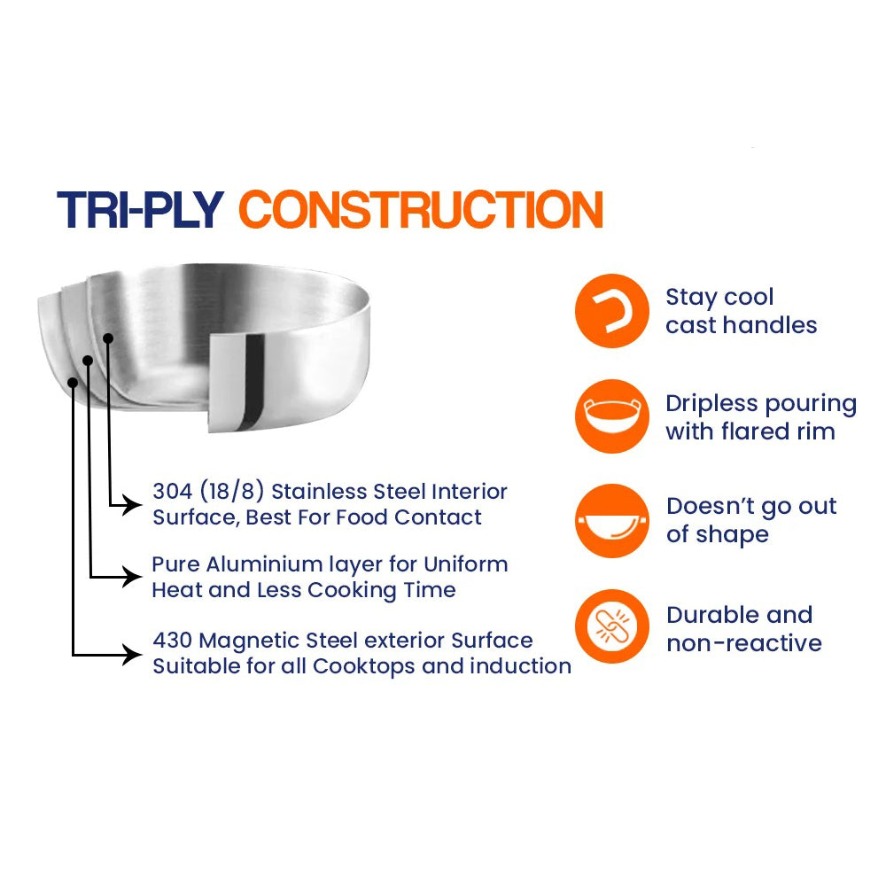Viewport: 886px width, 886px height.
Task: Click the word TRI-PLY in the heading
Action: coord(140,210)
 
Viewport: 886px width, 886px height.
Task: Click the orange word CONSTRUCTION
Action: coord(421,210)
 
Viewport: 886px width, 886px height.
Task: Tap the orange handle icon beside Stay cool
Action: coord(612,311)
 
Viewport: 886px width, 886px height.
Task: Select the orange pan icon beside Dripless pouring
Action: coord(612,416)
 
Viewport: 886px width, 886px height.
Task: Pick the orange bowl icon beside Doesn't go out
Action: coord(612,521)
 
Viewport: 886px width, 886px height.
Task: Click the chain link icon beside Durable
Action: coord(612,626)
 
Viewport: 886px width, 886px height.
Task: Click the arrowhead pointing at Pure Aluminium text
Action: coord(134,577)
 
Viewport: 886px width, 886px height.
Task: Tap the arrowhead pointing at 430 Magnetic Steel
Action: coord(134,655)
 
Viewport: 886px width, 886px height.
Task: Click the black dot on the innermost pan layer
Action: coord(108,338)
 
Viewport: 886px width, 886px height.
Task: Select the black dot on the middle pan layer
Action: coord(88,361)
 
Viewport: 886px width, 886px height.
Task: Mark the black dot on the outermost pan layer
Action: coord(73,383)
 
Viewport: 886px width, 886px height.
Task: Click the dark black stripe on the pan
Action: coord(253,383)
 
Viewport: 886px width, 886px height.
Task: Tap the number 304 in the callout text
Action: coord(173,491)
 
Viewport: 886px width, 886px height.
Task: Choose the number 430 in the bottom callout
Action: coord(173,641)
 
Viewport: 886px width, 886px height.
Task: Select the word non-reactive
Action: coord(744,643)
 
